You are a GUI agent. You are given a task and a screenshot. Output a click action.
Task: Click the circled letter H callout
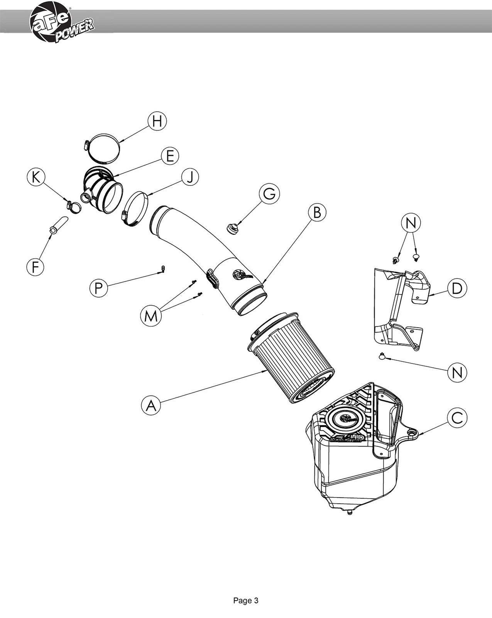(x=157, y=121)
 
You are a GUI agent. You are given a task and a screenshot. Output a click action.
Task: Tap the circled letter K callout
(x=36, y=177)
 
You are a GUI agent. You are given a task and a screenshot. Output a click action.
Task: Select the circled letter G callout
(x=269, y=194)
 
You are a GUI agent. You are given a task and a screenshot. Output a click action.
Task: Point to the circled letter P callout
(x=99, y=288)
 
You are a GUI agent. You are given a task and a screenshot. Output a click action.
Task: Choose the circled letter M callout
(x=151, y=316)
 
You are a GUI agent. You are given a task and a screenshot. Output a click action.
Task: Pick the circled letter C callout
(x=457, y=418)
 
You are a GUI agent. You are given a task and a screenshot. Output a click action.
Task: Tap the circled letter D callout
(x=457, y=288)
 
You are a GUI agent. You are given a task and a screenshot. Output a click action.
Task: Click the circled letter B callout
(x=317, y=212)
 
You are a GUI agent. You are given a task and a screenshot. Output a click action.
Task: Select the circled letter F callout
(x=35, y=267)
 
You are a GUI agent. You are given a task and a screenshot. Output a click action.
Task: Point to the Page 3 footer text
(x=245, y=601)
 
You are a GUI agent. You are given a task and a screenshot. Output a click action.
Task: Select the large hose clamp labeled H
(x=102, y=148)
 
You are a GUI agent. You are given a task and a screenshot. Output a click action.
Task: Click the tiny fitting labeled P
(x=163, y=269)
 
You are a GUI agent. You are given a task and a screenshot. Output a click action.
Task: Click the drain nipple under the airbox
(x=349, y=512)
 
